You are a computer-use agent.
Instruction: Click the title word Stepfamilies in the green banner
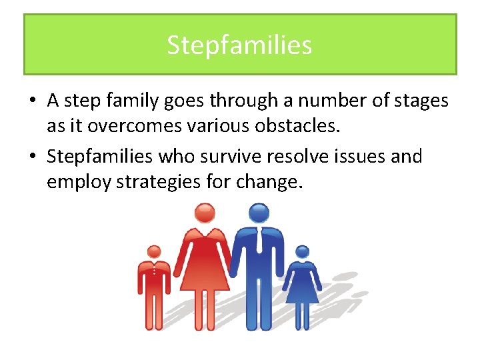(x=239, y=45)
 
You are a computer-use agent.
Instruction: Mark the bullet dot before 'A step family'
(x=32, y=101)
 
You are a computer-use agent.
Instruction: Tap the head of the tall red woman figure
(x=205, y=213)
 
